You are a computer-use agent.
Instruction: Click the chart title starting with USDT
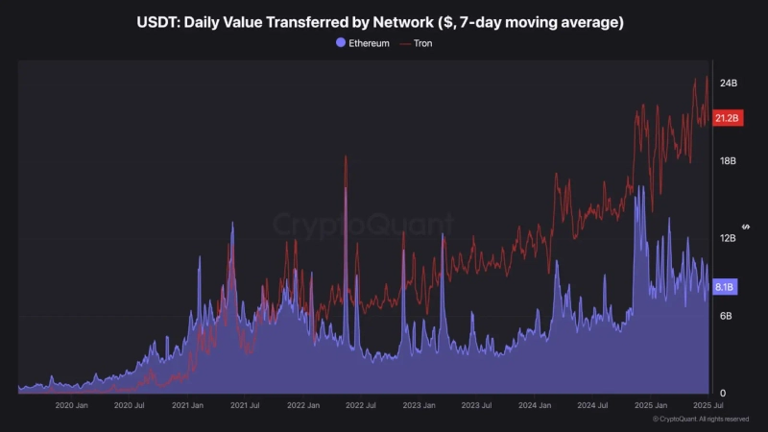pos(384,21)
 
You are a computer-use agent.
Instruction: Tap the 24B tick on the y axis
pos(729,84)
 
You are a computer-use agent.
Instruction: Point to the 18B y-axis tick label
pos(729,161)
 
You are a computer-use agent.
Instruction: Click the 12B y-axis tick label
pos(729,238)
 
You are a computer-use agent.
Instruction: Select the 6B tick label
pos(727,316)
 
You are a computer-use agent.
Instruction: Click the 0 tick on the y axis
pos(724,393)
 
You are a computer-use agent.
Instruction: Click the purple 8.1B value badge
pos(726,287)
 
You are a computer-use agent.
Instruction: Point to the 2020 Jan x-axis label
pos(72,405)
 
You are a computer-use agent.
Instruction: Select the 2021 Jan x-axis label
pos(188,405)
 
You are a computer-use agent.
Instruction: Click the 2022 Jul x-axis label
pos(361,405)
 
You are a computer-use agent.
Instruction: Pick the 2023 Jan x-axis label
pos(420,405)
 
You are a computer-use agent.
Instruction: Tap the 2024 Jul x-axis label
pos(592,405)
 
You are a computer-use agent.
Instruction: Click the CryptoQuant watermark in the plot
pos(364,225)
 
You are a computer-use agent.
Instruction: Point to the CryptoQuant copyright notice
pos(701,420)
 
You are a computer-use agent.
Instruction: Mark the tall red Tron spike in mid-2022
pos(346,159)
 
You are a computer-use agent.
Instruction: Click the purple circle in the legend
pos(341,43)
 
